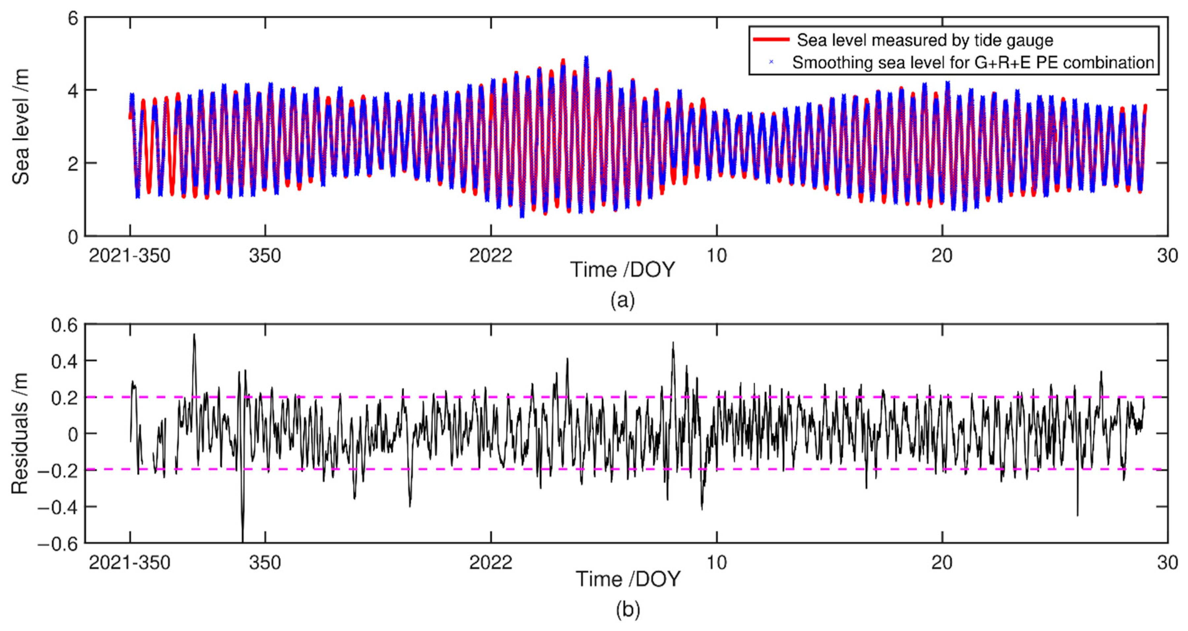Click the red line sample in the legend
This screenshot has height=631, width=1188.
(x=771, y=40)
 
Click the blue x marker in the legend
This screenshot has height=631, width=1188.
(x=771, y=62)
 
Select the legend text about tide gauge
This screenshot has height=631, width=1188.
(x=925, y=40)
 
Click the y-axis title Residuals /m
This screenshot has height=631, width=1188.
(x=20, y=433)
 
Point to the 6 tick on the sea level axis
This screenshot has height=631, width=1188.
(x=73, y=19)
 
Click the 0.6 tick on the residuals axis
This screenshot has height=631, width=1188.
(x=65, y=326)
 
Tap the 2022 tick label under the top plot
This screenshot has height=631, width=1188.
(x=491, y=255)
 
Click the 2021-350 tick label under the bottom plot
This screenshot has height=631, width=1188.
(x=130, y=563)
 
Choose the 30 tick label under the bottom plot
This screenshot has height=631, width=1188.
(x=1167, y=563)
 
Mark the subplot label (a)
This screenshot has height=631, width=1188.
(x=623, y=300)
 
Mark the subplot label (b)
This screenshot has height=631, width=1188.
(x=628, y=609)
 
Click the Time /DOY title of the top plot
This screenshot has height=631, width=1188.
(x=623, y=269)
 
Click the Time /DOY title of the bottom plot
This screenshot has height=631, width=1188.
(x=628, y=579)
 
